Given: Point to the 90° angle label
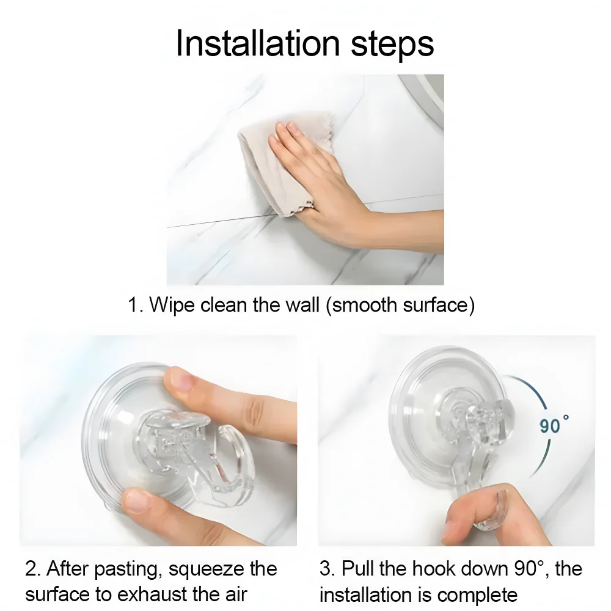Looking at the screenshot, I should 554,424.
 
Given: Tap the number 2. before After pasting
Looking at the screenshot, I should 33,569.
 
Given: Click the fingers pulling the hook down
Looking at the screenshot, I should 477,513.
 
